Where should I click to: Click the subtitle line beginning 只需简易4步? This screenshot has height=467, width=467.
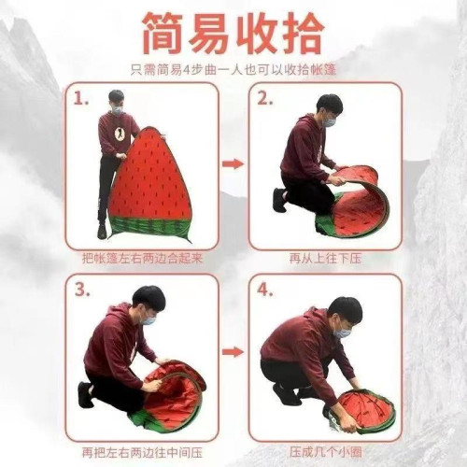tap(233, 68)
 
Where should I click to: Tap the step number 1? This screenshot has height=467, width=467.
tap(83, 97)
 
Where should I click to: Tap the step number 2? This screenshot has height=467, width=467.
tap(264, 97)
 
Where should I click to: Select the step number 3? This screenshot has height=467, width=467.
tap(83, 290)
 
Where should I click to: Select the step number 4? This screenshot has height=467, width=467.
tap(265, 290)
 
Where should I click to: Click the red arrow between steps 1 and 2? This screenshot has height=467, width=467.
tap(233, 164)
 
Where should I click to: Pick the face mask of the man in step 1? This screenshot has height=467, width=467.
tap(116, 110)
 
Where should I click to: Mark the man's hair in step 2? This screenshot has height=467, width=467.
tap(329, 103)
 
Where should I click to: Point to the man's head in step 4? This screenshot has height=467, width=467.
tap(344, 315)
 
